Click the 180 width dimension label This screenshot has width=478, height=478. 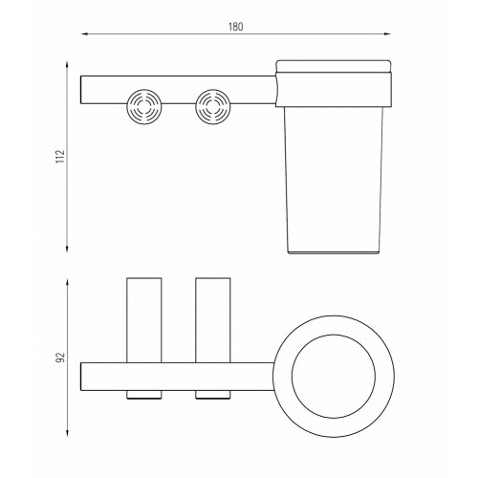[235, 27]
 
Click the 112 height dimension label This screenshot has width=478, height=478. [60, 157]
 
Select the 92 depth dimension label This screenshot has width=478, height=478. [60, 358]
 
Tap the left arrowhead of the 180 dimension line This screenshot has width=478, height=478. [84, 33]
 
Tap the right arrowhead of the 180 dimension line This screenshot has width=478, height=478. [387, 33]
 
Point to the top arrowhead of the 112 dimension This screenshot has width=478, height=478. [67, 65]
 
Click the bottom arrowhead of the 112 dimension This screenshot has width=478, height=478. [67, 249]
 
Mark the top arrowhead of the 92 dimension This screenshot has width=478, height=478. [67, 282]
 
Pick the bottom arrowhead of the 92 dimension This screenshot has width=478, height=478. [67, 433]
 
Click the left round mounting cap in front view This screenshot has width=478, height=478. [144, 106]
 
